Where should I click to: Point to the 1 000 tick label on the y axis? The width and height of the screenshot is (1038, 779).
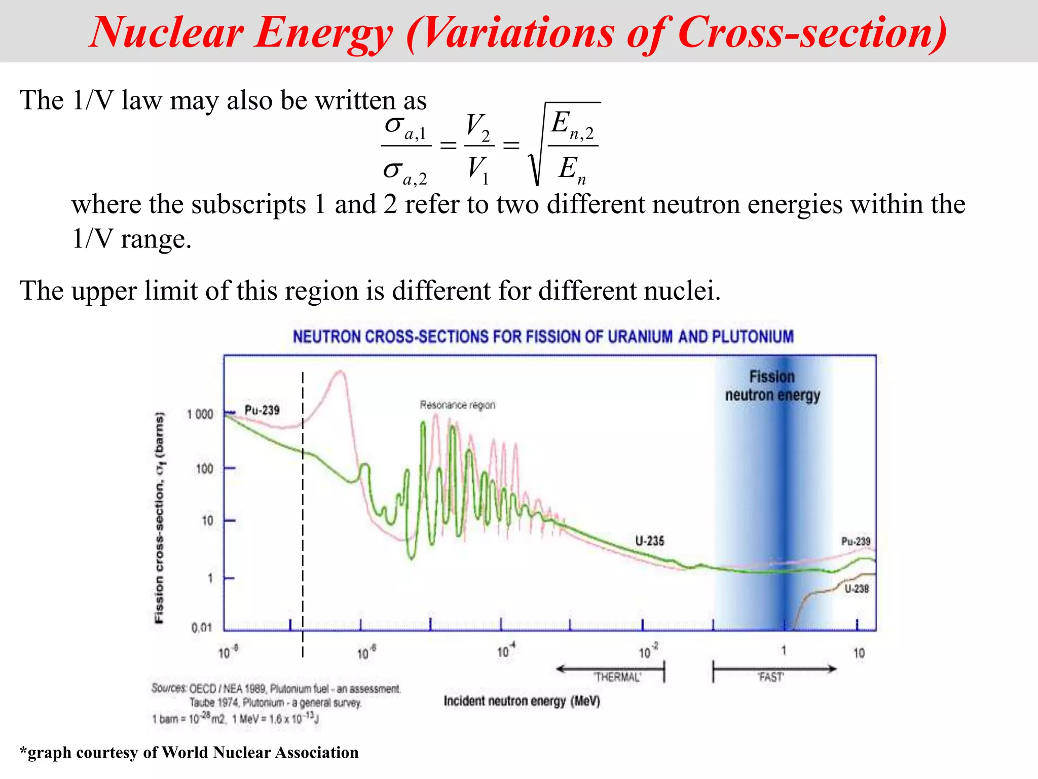200,414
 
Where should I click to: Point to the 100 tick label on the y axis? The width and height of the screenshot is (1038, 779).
204,469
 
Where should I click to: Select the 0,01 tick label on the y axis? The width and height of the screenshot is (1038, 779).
201,628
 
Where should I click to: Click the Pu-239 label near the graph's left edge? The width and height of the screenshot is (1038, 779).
262,410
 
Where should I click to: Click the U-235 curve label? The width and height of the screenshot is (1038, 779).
649,541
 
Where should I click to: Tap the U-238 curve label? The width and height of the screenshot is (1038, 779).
857,589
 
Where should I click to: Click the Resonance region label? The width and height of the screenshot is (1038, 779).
457,405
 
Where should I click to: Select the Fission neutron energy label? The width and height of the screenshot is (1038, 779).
772,386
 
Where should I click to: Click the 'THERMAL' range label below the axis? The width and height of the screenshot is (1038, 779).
617,677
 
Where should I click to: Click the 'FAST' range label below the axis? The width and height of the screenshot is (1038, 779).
771,677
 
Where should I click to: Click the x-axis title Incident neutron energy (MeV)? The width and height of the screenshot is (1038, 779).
522,701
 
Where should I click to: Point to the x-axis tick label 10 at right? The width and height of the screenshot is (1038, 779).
859,653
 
